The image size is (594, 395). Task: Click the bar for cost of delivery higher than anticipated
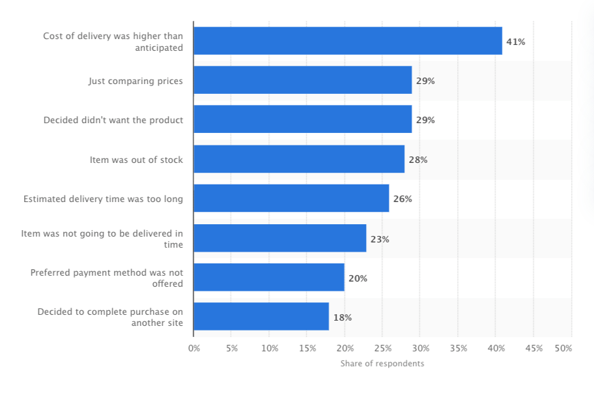[348, 41]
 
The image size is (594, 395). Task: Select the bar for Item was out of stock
[299, 159]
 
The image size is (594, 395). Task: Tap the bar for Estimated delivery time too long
[291, 198]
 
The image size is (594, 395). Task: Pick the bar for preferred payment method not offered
[269, 278]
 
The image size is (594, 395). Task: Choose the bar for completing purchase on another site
[261, 317]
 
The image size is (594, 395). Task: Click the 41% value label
[516, 42]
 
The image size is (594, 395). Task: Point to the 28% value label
[418, 160]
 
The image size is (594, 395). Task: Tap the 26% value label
[403, 199]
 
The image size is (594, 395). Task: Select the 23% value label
[380, 239]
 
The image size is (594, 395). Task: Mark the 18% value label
[343, 317]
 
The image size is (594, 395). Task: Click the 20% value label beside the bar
[358, 278]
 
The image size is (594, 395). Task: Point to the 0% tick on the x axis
[194, 349]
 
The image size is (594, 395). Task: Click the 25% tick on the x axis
[382, 349]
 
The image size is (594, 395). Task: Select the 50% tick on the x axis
[564, 349]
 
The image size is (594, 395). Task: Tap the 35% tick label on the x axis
[458, 349]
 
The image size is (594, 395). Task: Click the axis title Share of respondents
[382, 364]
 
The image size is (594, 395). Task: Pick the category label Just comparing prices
[135, 81]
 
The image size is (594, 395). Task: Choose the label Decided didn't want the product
[113, 120]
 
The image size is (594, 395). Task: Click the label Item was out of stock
[136, 160]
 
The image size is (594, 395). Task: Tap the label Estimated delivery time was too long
[103, 199]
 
